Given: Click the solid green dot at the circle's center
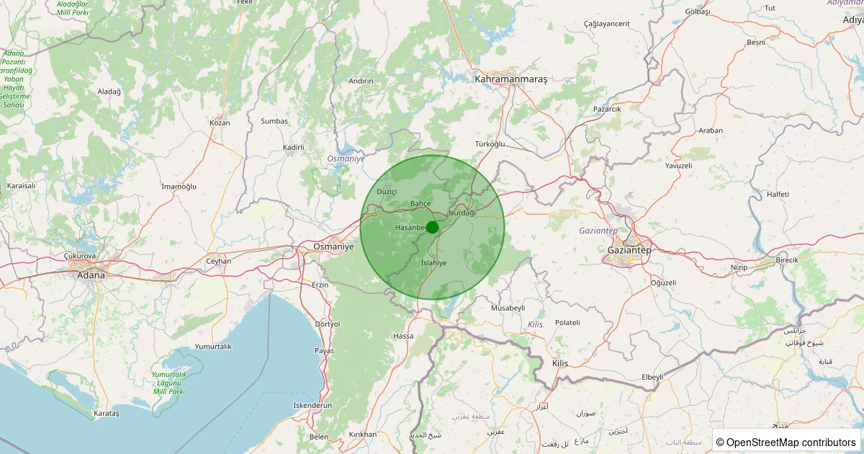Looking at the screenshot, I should pos(432,227).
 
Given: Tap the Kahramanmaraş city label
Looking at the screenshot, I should pos(511,79).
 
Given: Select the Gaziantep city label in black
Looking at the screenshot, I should pos(629,250).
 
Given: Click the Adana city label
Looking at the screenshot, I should pos(91,275).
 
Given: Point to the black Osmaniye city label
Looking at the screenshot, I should pos(334,246).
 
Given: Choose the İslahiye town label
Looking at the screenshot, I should pos(433,263).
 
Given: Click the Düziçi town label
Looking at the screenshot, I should pos(387,192).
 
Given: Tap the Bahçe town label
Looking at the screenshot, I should pos(420,204).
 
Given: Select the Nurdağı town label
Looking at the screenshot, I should pos(462,213).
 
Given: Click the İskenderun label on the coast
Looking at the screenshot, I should pos(313,406).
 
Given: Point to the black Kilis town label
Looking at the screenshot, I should pos(559,363).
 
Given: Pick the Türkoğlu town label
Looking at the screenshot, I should pos(490,144).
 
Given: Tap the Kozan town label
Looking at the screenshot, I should pos(220,123).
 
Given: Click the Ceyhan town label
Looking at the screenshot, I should pos(219,261).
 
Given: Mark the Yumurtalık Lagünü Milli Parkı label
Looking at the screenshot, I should pos(168,383).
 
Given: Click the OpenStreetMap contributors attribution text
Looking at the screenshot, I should pos(786,442).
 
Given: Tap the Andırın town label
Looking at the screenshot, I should pos(361,81).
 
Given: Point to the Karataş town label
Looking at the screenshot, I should pos(107,414).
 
